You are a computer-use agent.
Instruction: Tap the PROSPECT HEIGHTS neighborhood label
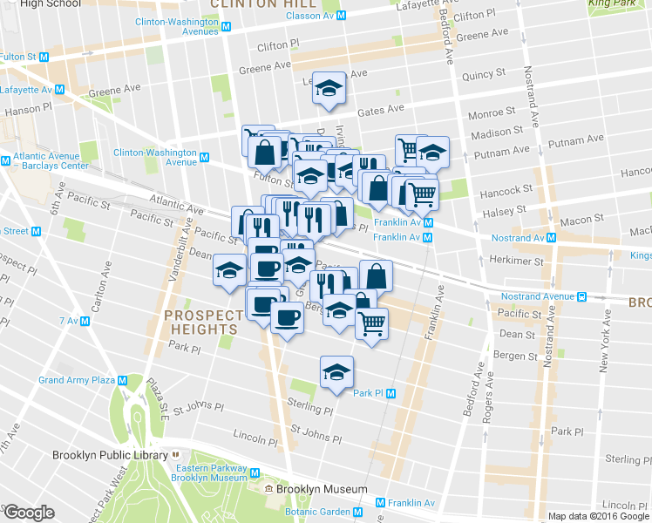point(204,322)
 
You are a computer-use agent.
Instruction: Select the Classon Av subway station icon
point(343,15)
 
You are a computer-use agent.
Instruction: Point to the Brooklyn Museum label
point(322,489)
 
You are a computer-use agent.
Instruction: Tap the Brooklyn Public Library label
point(109,454)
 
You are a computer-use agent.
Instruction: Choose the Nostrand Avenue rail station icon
point(580,295)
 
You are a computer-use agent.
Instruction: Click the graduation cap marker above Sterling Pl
point(336,373)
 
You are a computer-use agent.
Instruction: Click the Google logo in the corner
point(29,512)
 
